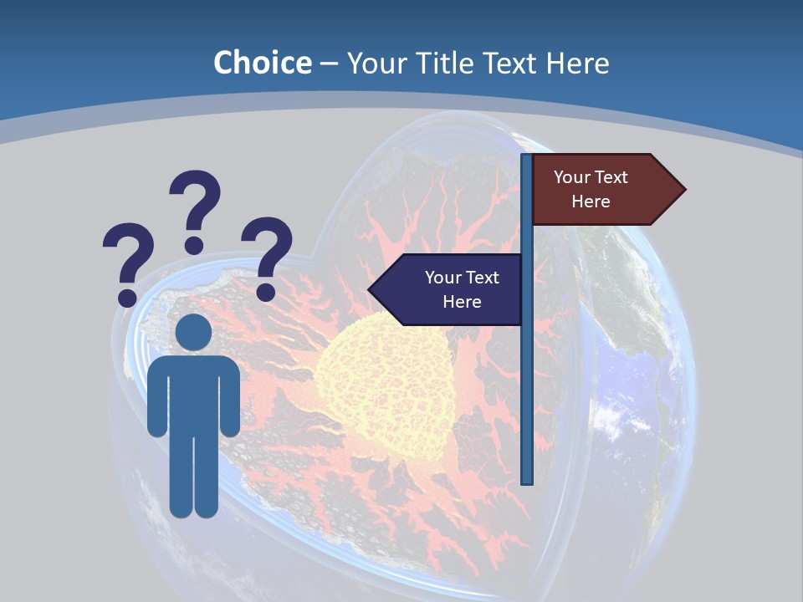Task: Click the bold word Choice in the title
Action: tap(262, 63)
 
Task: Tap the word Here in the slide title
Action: tap(577, 63)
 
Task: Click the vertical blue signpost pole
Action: tap(527, 376)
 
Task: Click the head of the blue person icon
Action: tap(193, 332)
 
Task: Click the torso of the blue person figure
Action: tap(193, 393)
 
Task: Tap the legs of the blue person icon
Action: tap(193, 477)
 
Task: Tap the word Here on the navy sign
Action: tap(462, 302)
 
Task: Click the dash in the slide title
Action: tap(329, 64)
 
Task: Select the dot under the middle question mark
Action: tap(194, 245)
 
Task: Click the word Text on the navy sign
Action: tap(482, 278)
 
